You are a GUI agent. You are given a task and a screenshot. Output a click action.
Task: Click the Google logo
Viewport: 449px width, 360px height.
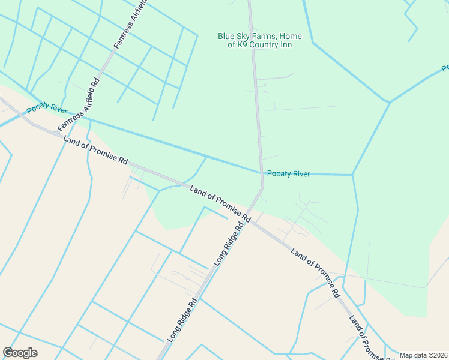[x=20, y=353]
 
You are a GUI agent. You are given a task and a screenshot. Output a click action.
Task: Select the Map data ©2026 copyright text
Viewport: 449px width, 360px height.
[x=424, y=355]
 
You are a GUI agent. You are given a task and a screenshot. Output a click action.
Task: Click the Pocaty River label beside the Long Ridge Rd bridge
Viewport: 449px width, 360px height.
[x=288, y=174]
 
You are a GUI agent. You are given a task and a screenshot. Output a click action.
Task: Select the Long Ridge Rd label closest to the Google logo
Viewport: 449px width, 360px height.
[x=182, y=320]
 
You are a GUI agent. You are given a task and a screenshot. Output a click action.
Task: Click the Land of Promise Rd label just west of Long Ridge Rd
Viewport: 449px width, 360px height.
[x=220, y=202]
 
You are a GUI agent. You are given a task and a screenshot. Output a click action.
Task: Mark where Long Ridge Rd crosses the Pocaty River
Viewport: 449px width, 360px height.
[x=261, y=173]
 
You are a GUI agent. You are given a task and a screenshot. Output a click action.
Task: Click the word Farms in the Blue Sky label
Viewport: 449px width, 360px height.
[x=267, y=37]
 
